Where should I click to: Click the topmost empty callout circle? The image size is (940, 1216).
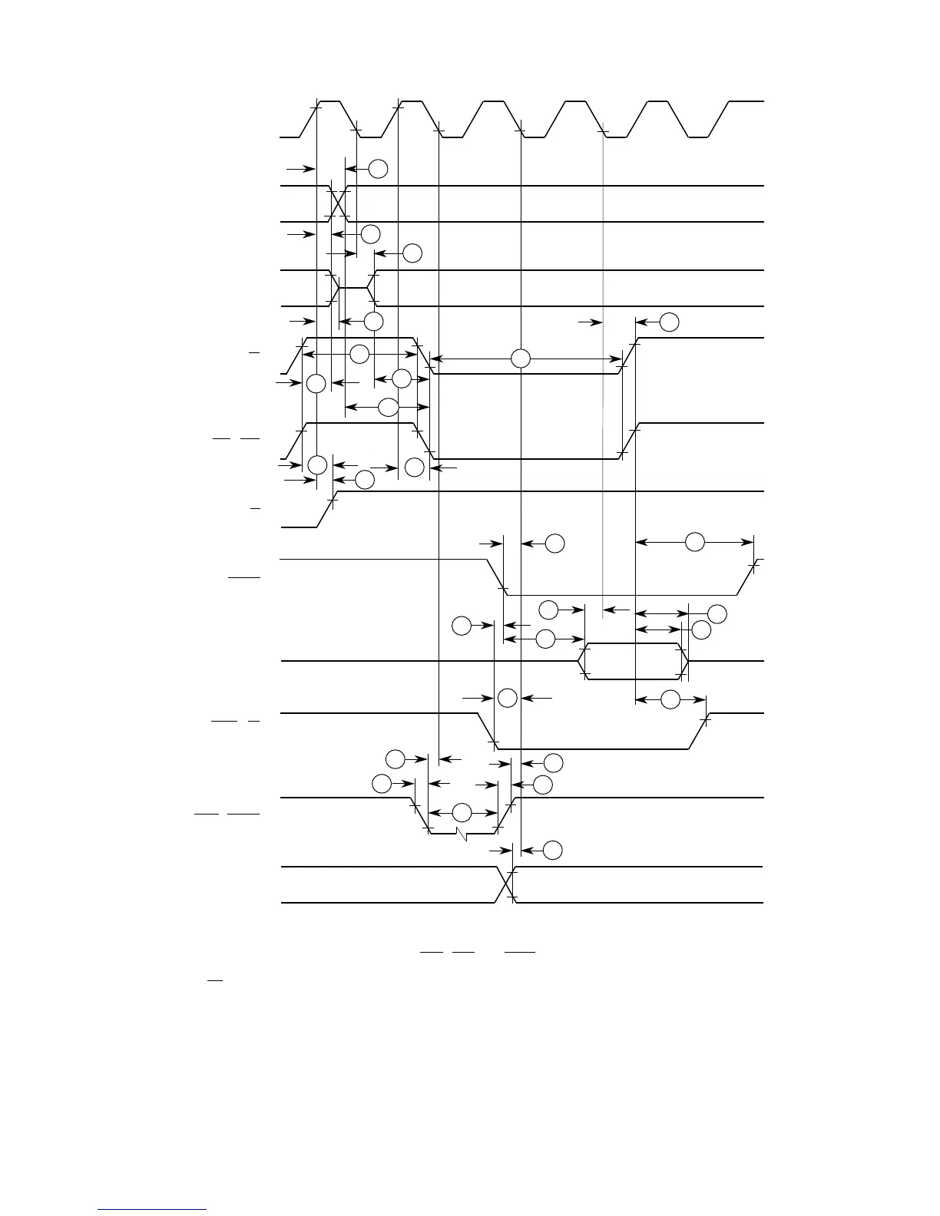(x=377, y=168)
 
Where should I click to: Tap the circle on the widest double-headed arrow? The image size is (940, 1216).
(x=521, y=358)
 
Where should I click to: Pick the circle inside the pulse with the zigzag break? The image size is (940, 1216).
(x=462, y=813)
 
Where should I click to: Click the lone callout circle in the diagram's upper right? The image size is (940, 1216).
(x=669, y=322)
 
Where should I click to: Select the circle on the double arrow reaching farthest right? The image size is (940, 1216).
(x=694, y=542)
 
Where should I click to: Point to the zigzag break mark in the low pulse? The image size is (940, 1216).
(x=462, y=834)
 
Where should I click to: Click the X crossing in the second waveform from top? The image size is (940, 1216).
(x=339, y=203)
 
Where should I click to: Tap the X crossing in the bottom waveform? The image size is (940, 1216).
(x=505, y=884)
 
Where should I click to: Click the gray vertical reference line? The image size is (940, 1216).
(x=603, y=384)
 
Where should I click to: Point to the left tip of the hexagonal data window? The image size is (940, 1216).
(x=578, y=661)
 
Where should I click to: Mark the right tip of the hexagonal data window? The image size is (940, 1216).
(x=689, y=661)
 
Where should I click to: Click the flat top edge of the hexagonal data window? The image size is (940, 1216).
(x=633, y=643)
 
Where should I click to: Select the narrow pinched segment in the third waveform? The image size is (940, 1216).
(x=354, y=288)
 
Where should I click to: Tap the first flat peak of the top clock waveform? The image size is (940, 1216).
(x=330, y=101)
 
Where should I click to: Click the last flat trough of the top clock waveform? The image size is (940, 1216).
(x=698, y=137)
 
